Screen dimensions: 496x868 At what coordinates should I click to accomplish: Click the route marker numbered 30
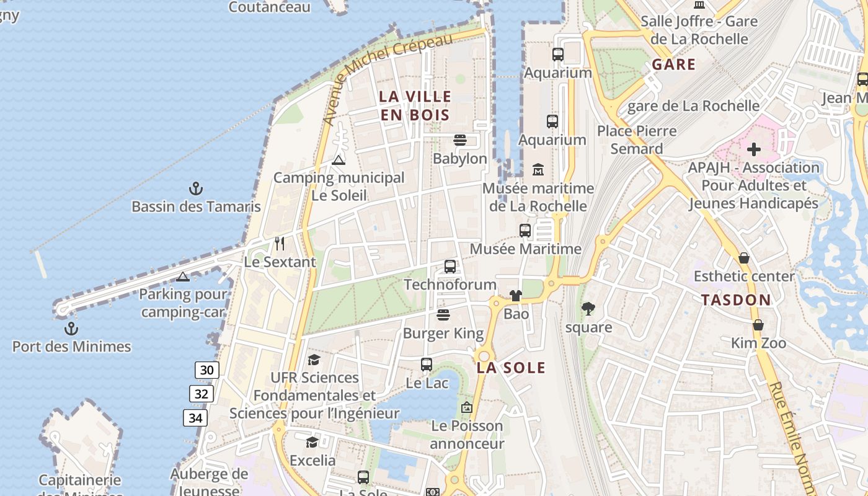206,371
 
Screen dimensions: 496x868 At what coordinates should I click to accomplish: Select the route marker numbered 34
195,418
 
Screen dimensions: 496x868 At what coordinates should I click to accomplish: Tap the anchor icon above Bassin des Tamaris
196,188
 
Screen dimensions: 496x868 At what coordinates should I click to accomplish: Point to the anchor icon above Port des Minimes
71,329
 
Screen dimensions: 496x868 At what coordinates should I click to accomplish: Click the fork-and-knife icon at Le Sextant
280,243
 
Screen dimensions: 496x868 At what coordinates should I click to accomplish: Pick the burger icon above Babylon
459,140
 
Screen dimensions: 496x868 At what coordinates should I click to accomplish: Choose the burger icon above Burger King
443,315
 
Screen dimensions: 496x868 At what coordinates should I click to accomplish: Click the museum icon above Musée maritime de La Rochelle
538,169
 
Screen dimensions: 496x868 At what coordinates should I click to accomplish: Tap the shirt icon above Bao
516,295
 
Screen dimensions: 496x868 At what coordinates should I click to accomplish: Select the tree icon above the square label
588,308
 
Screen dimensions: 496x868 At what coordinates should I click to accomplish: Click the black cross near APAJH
754,149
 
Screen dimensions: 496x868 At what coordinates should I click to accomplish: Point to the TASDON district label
736,300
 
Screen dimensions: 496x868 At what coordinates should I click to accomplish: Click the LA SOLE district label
511,368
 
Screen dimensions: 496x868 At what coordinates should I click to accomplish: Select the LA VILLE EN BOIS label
415,105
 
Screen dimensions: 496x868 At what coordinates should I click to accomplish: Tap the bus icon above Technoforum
450,267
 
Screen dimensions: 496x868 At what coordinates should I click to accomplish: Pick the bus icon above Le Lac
427,365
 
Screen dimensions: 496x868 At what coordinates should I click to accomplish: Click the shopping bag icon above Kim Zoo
758,325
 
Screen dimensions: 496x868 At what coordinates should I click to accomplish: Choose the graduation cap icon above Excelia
312,442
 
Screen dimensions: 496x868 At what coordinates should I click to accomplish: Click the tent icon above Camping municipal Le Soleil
338,160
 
